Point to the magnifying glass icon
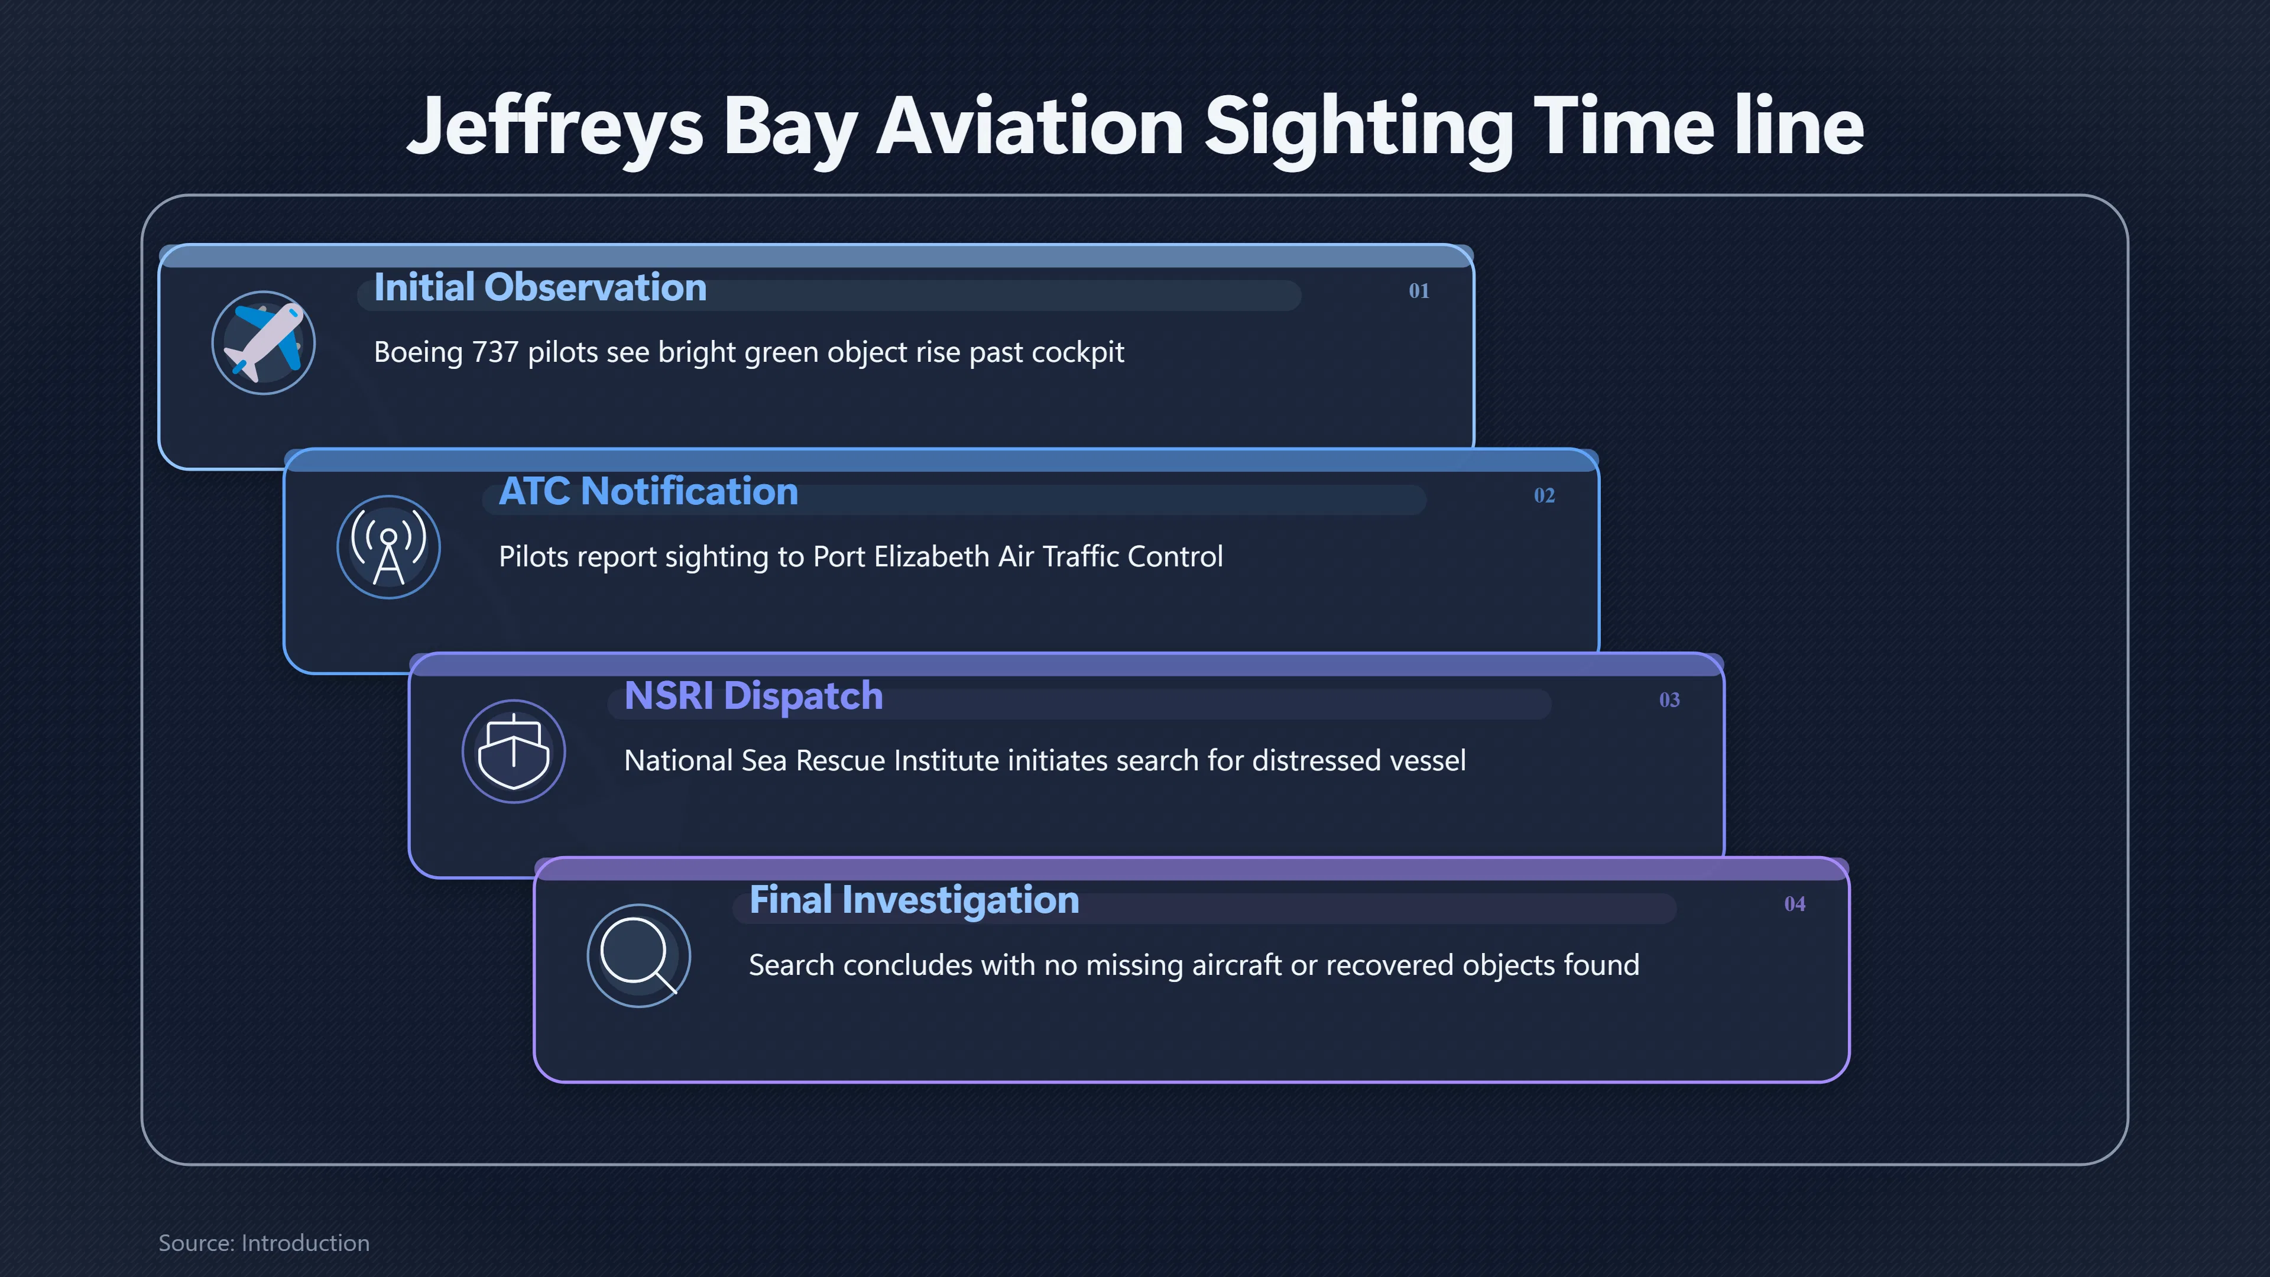639,955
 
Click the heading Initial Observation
540,287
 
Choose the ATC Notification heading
648,492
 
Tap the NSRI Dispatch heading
754,696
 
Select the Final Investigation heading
914,900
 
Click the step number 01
1419,291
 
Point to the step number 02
1544,495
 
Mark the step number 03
1669,700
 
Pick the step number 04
1794,904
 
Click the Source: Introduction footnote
264,1243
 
